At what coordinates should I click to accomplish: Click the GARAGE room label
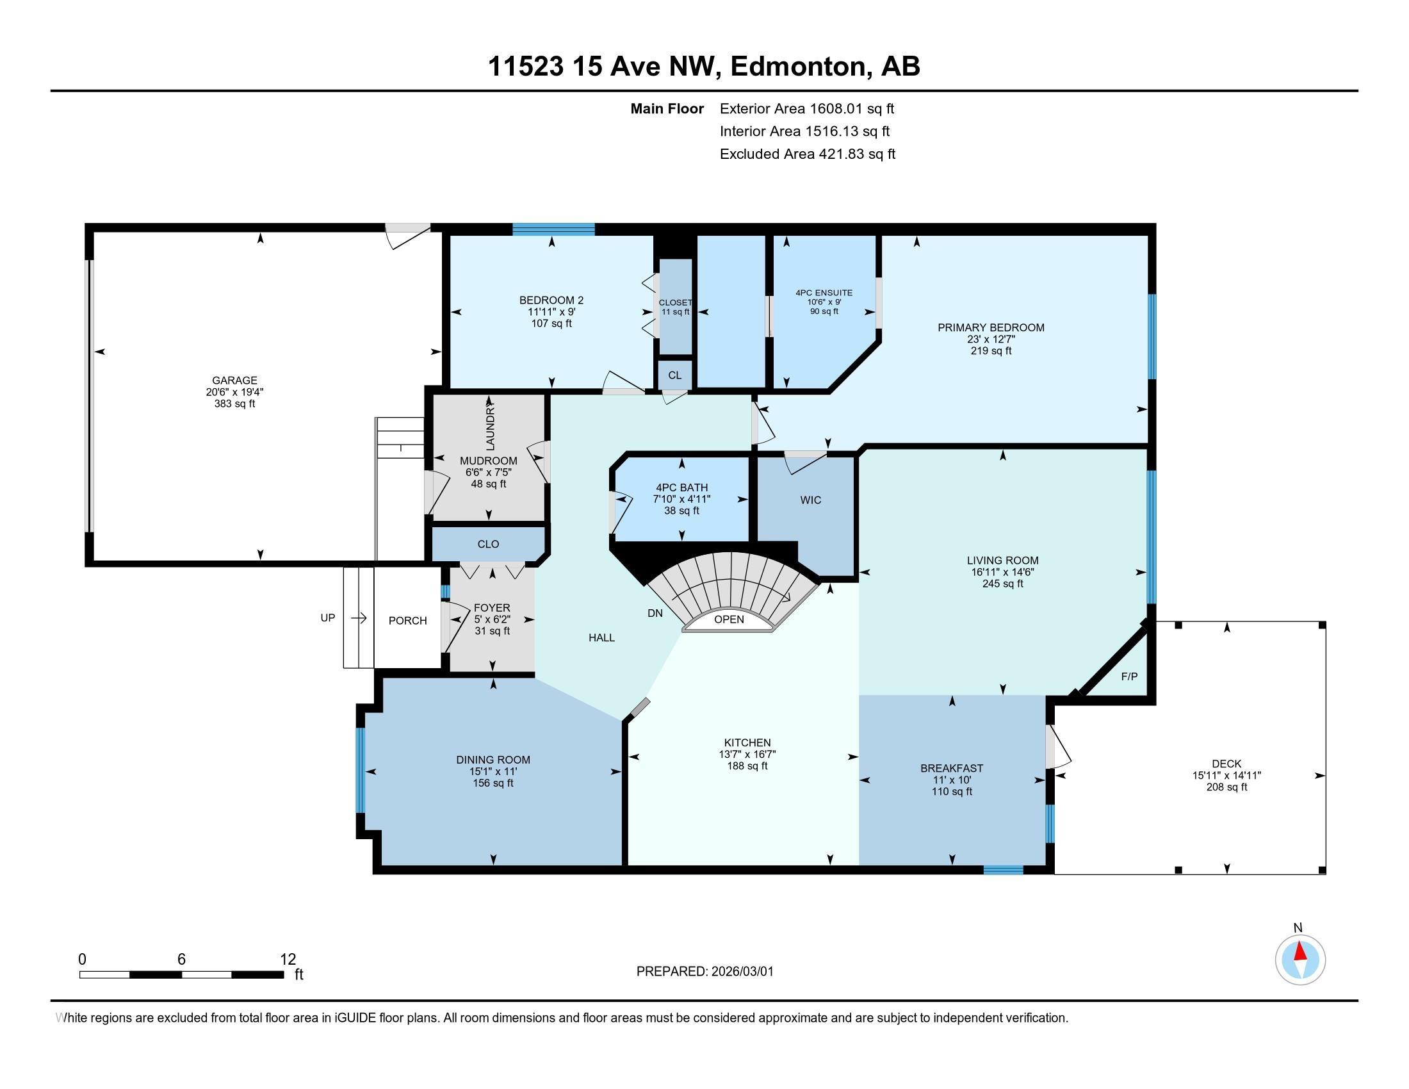click(235, 381)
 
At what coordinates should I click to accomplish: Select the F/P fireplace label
click(1129, 676)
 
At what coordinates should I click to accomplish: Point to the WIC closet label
click(811, 500)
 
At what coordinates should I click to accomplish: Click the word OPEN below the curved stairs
click(729, 619)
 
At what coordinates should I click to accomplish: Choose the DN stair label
click(655, 614)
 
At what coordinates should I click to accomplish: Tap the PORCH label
click(408, 621)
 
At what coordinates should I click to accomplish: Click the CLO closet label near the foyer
click(489, 544)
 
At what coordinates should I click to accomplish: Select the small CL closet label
click(675, 375)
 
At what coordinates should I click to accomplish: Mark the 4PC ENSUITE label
click(824, 293)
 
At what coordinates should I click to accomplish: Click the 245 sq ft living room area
click(1002, 584)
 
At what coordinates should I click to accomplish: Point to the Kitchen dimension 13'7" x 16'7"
click(747, 754)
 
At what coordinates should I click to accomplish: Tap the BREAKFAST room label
click(952, 768)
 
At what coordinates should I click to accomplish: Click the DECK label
click(1226, 764)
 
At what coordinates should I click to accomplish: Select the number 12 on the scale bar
click(288, 960)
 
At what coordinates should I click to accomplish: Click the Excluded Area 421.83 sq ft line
click(808, 154)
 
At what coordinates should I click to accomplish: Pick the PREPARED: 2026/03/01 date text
click(705, 972)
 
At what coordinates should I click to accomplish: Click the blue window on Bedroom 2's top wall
click(553, 229)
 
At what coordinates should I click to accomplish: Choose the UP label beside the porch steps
click(328, 618)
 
